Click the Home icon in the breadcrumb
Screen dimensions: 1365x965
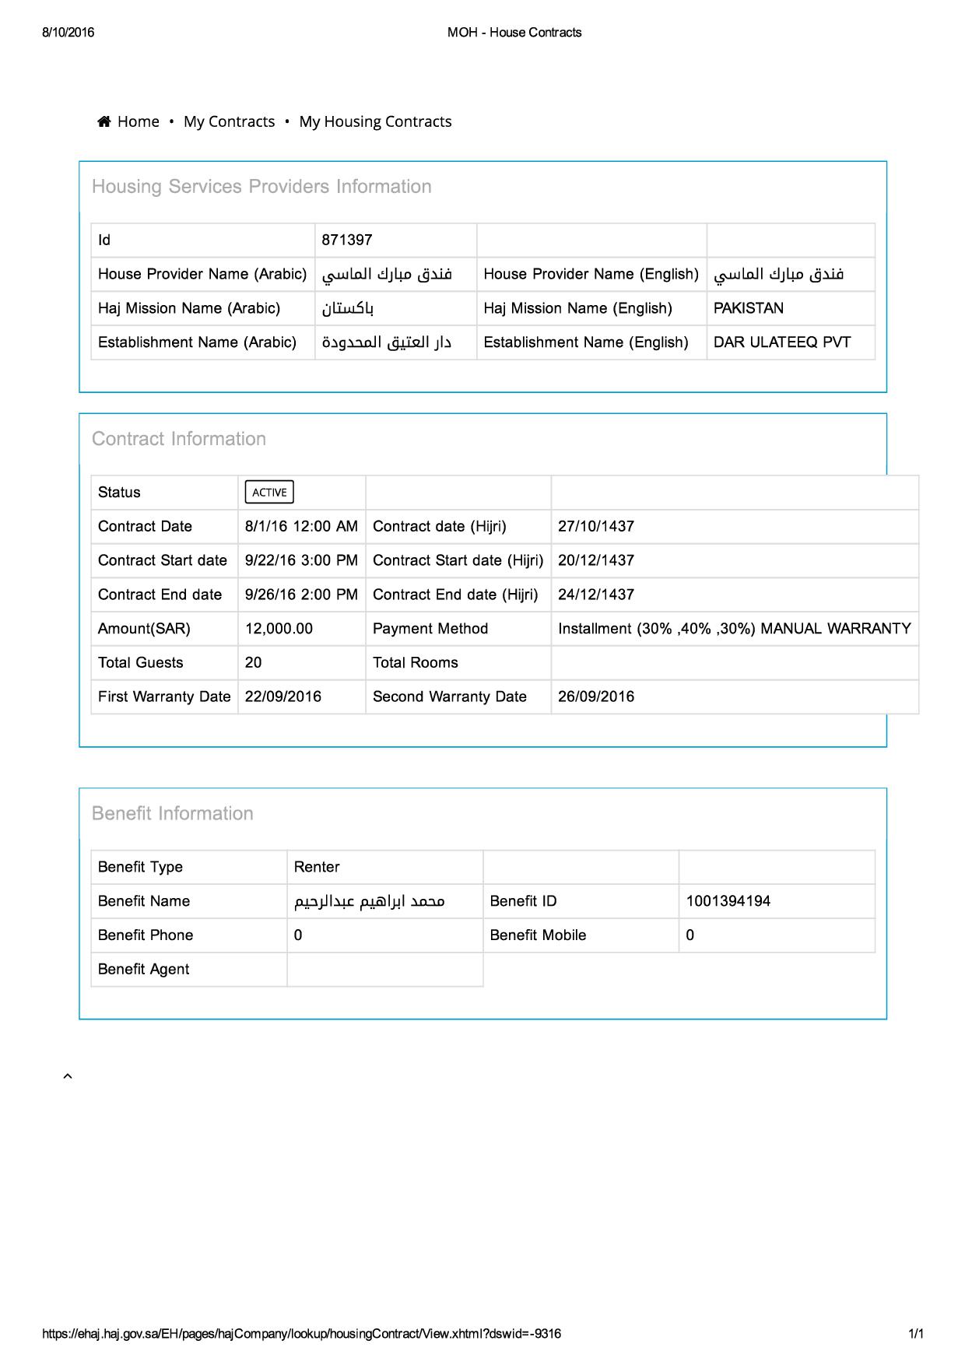pos(104,121)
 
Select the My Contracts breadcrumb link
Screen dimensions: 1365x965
pos(229,121)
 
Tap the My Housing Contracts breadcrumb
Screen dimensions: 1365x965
pos(375,121)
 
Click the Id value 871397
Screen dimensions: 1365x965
pos(347,240)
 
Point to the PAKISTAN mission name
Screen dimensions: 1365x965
pos(748,308)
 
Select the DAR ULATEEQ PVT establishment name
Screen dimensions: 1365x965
pos(781,342)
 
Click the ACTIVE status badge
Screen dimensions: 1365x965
pos(269,492)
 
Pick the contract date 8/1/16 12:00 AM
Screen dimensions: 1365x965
pos(301,526)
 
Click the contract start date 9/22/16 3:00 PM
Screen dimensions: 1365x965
pos(301,560)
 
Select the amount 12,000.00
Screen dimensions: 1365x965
pos(279,629)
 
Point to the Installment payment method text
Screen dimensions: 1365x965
pos(734,629)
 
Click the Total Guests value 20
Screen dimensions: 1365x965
pos(253,663)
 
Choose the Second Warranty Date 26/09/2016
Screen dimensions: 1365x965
pos(595,697)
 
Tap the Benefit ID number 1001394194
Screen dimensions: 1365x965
pos(728,901)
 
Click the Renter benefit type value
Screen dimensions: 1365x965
pos(317,867)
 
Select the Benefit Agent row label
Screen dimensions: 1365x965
pos(144,970)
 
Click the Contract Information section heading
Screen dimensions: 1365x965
pos(179,439)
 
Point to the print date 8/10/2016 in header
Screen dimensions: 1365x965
pos(68,33)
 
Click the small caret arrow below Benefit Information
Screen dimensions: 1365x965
pos(68,1076)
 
